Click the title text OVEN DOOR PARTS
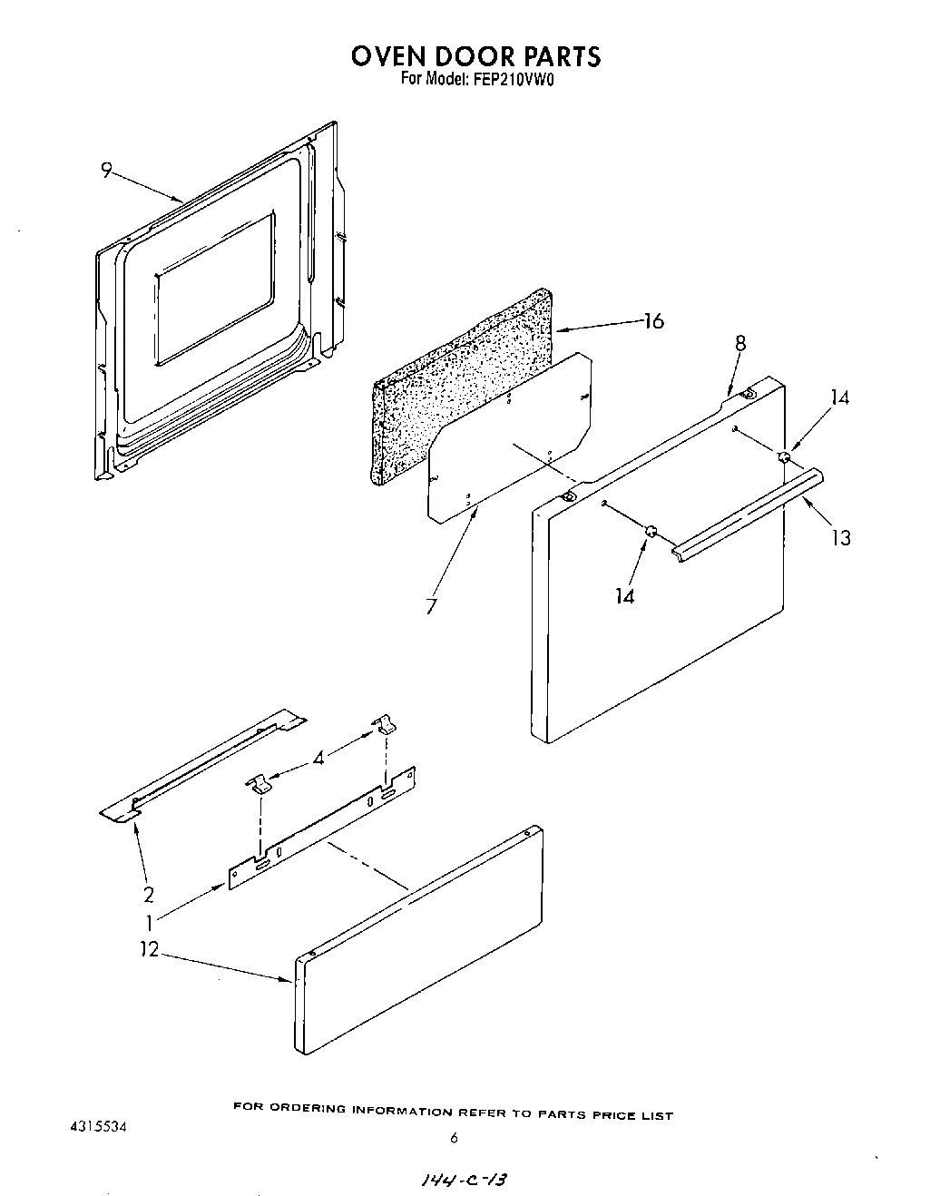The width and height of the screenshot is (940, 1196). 475,56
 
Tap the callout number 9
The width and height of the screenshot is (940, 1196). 106,170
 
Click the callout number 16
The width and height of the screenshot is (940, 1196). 653,321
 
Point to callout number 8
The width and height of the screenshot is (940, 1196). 740,343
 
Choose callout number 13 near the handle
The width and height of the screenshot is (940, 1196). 841,537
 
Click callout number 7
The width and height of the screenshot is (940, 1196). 432,605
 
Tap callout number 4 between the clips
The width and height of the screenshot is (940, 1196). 318,756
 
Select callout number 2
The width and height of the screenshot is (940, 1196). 148,895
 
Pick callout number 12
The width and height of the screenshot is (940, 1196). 150,949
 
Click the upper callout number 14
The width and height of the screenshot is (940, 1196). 840,397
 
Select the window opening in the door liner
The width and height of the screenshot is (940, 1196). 214,290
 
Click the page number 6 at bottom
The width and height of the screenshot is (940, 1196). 453,1139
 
